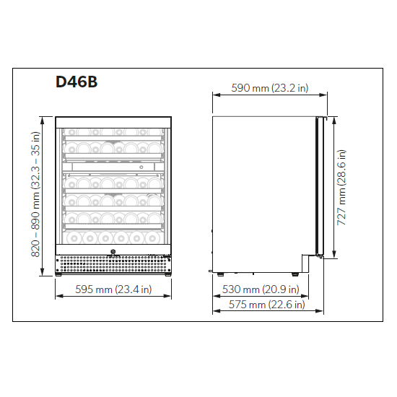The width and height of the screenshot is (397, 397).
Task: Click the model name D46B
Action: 77,82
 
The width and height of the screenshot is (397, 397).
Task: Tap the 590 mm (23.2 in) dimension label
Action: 270,88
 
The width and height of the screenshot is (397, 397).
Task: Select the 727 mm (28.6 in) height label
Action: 342,188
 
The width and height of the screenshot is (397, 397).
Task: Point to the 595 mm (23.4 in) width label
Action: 113,289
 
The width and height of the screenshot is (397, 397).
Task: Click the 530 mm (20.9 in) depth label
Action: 261,289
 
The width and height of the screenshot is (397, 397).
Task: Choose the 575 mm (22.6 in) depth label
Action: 268,305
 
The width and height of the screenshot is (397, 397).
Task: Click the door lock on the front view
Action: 113,253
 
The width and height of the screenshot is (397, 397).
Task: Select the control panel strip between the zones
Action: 113,167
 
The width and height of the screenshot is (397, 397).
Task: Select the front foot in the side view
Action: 295,274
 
